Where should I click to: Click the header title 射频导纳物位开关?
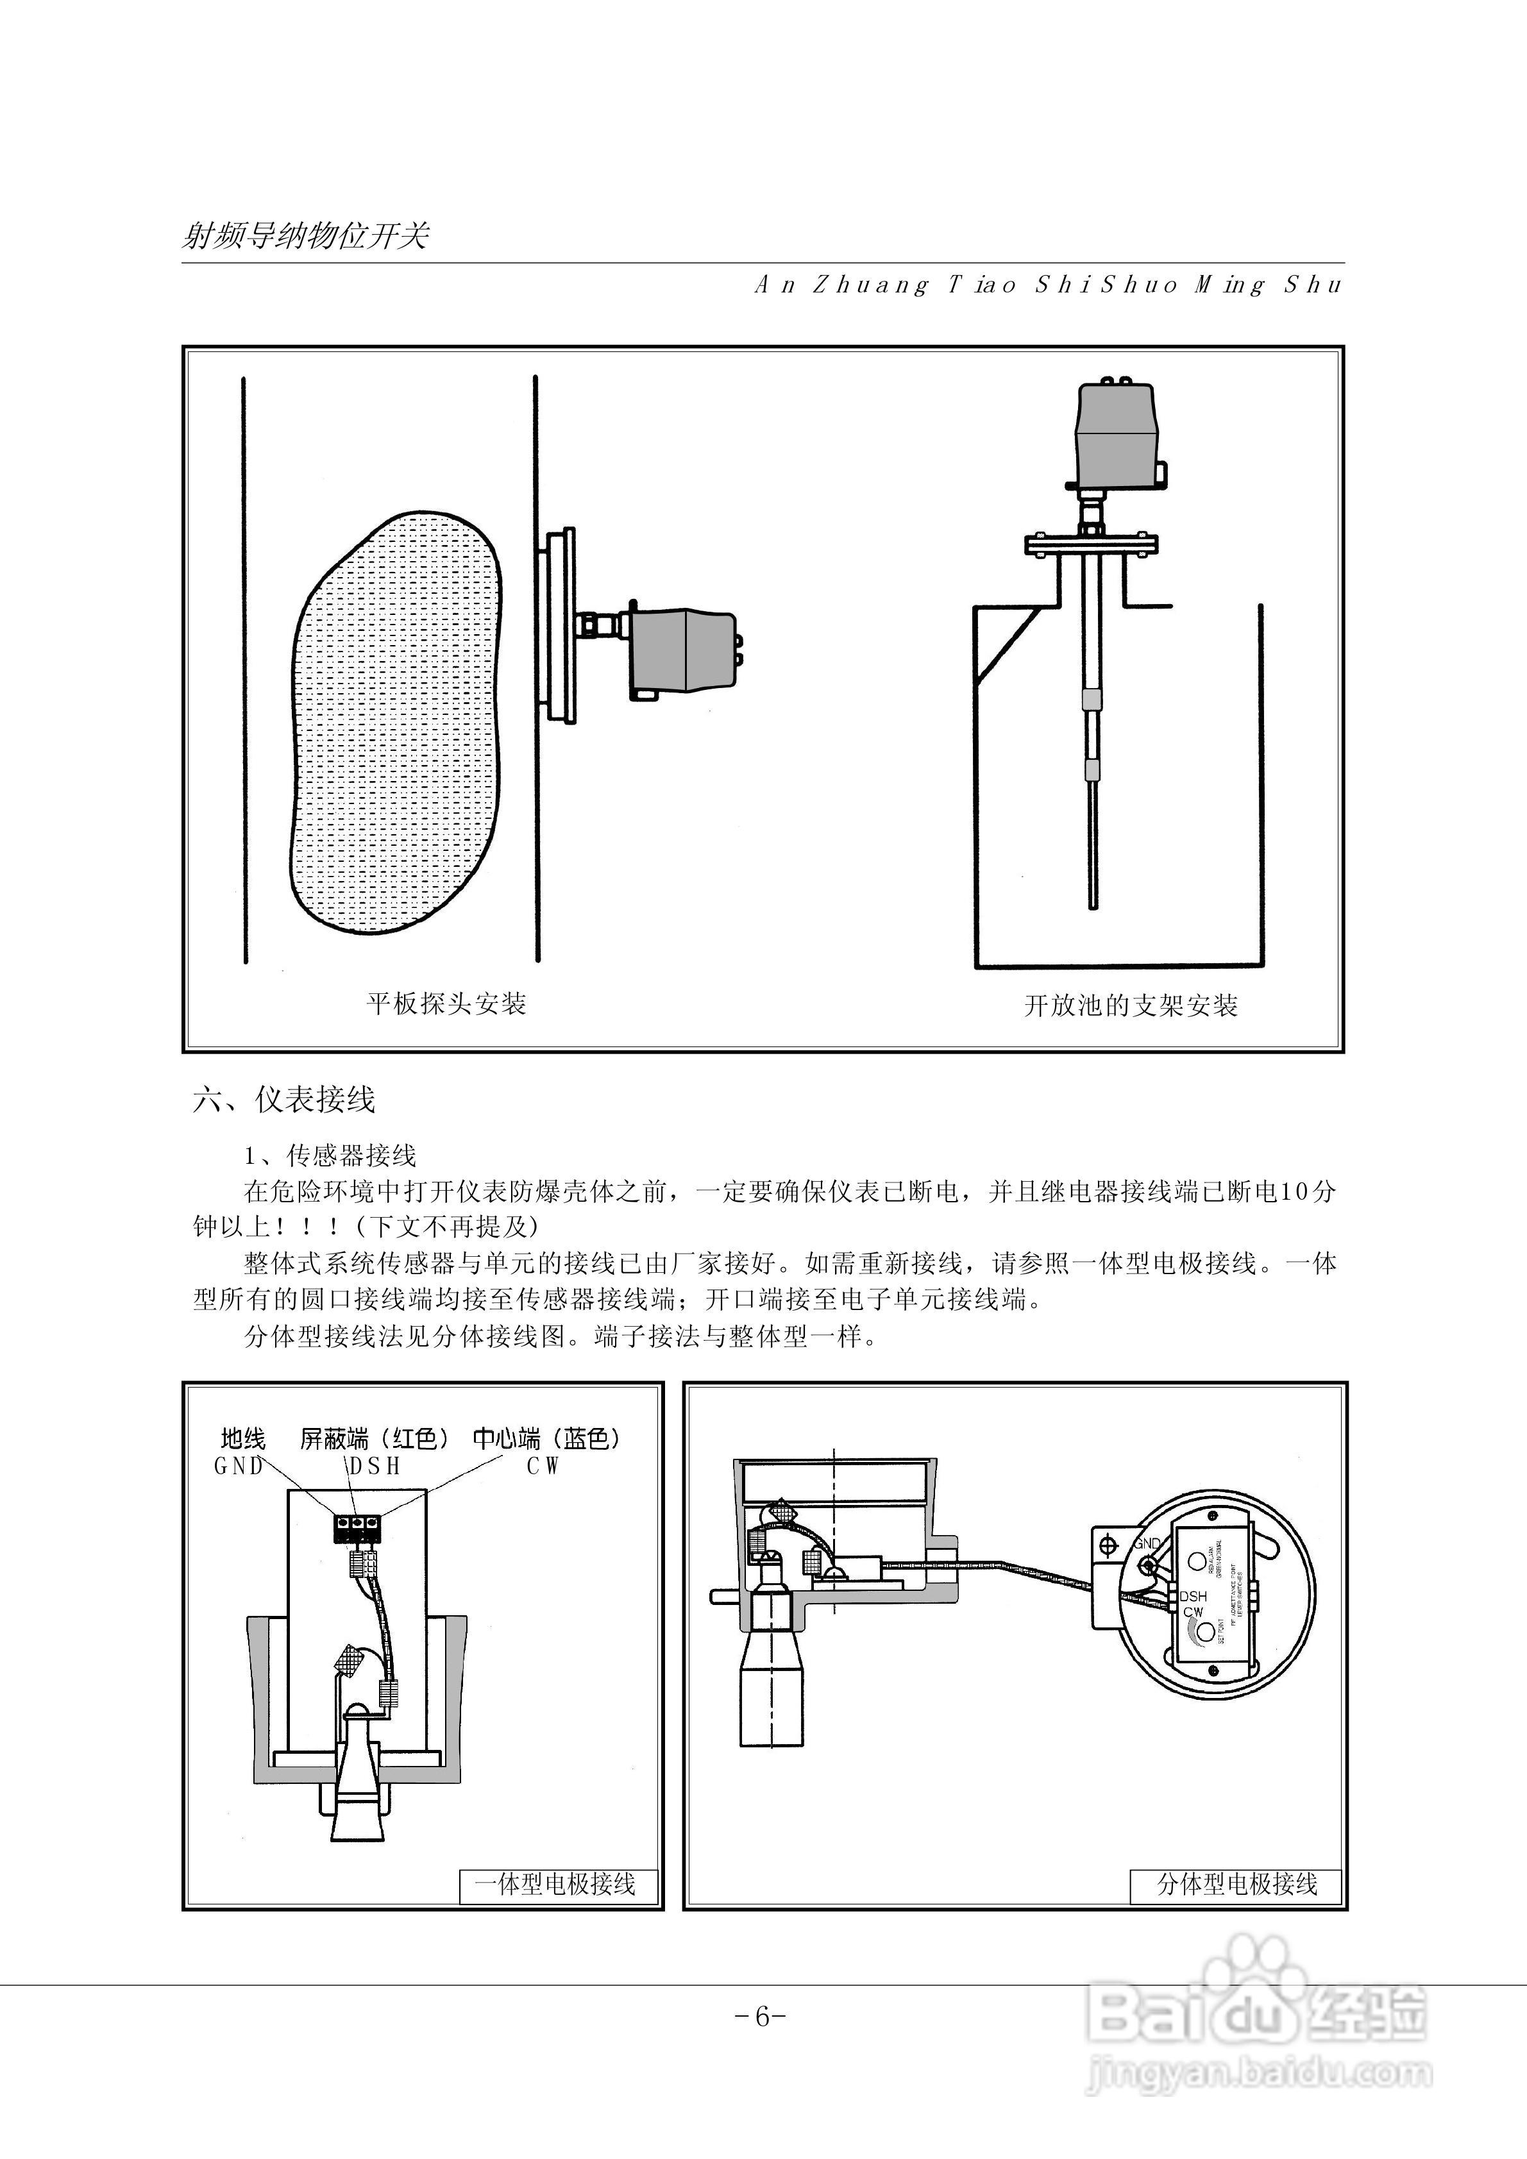(305, 235)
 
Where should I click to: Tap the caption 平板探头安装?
(446, 1004)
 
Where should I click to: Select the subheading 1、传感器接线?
(329, 1155)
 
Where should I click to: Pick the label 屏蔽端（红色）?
(375, 1439)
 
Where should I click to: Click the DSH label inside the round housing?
(1192, 1596)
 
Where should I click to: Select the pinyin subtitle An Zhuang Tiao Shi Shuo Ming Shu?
(1049, 285)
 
